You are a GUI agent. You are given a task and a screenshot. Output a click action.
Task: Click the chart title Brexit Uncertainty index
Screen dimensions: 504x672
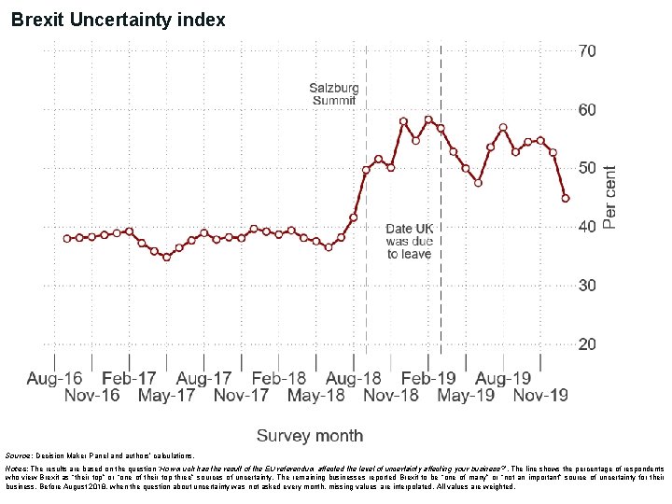point(118,19)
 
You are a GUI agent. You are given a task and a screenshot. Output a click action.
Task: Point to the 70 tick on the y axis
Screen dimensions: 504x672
point(586,50)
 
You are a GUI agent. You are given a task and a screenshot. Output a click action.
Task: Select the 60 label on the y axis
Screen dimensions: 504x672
point(586,110)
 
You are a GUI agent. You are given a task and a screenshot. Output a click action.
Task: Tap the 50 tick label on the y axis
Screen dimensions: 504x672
point(586,168)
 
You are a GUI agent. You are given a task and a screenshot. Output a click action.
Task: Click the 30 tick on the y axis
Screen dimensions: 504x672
point(586,286)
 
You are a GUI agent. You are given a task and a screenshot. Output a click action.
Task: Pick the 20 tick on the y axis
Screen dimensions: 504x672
point(586,344)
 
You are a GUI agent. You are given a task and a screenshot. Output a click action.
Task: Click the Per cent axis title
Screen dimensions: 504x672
point(609,197)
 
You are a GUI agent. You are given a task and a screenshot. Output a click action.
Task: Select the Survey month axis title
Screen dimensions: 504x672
point(310,436)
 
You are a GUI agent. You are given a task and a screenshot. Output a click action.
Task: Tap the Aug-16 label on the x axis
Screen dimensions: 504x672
point(54,378)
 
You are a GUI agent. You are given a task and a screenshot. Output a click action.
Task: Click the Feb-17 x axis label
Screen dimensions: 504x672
point(129,378)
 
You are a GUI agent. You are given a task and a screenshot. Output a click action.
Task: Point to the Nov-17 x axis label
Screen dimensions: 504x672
point(241,396)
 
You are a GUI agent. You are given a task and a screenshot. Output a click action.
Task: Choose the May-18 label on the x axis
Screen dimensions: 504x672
point(315,396)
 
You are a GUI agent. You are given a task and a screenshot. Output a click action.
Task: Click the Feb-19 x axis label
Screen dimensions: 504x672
point(428,378)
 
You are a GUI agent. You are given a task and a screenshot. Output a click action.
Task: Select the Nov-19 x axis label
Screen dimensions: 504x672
point(540,396)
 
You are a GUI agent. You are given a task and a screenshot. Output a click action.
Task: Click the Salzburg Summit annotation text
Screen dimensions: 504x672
point(334,94)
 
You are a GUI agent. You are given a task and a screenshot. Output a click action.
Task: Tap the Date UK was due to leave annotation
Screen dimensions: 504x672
point(410,241)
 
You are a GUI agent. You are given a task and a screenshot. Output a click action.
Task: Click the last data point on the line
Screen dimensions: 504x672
point(566,198)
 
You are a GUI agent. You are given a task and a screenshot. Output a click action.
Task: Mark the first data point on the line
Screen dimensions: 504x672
point(67,239)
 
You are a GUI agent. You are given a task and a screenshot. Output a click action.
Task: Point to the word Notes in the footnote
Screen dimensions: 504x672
point(19,467)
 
